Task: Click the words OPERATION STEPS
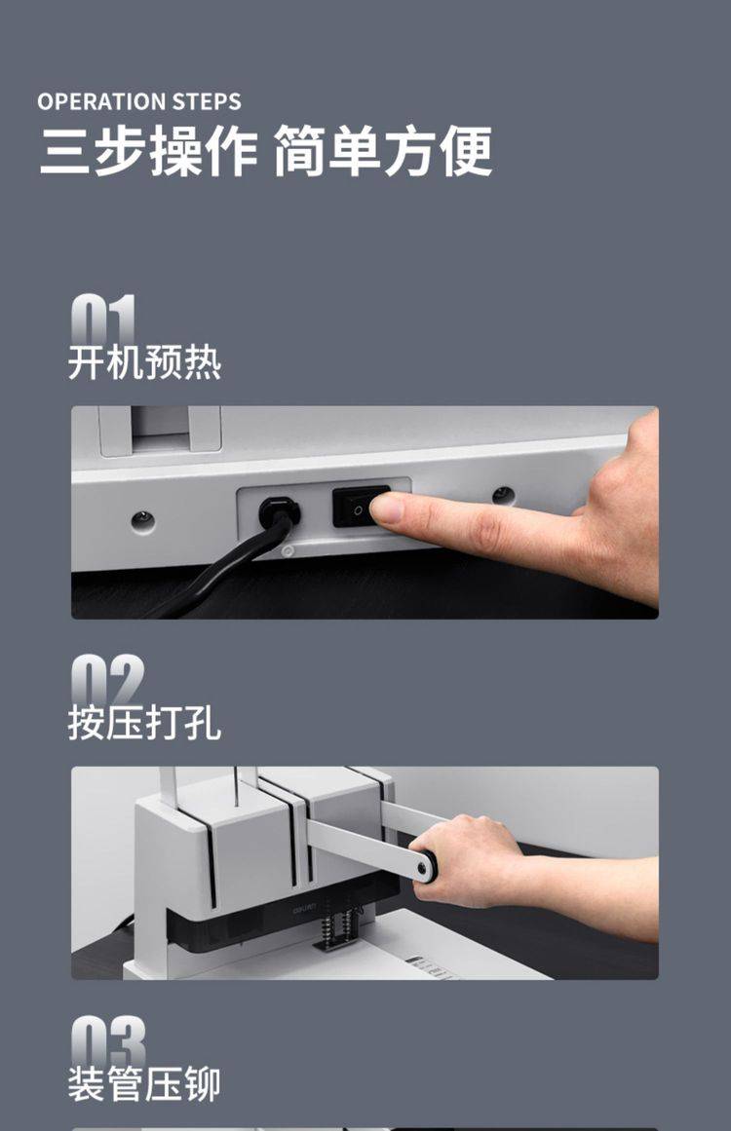[x=139, y=101]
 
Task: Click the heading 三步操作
[x=149, y=151]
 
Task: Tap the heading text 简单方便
[x=383, y=151]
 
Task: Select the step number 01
[x=103, y=320]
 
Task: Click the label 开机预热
[x=144, y=362]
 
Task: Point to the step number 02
[x=107, y=679]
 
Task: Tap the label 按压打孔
[x=144, y=722]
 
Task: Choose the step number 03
[x=108, y=1041]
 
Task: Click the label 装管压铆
[x=144, y=1083]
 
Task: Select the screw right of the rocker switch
[x=503, y=496]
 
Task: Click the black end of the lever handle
[x=427, y=866]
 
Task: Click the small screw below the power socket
[x=288, y=551]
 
